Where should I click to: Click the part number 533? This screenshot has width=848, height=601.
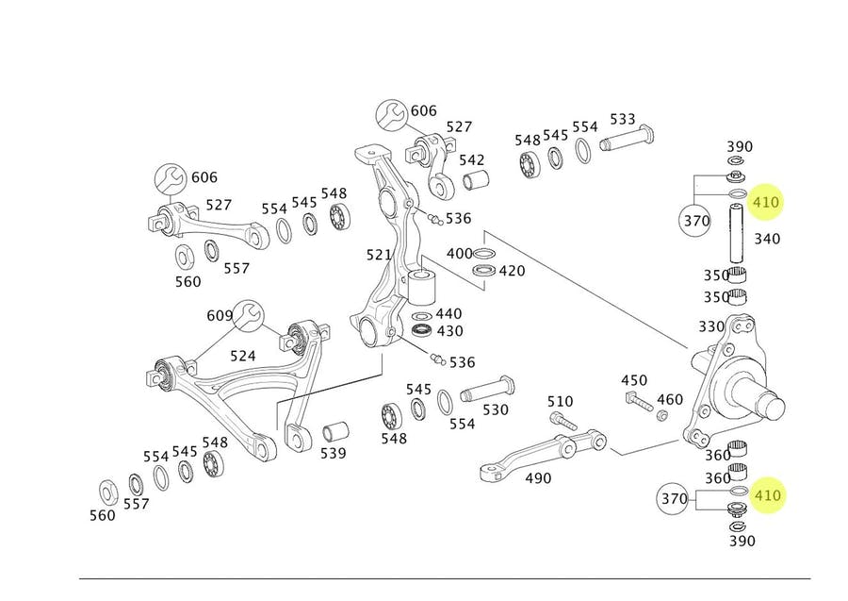pyautogui.click(x=623, y=120)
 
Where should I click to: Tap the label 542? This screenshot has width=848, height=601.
pyautogui.click(x=471, y=160)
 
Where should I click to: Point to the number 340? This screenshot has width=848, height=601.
pyautogui.click(x=767, y=239)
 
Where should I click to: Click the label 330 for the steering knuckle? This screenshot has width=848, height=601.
pyautogui.click(x=711, y=326)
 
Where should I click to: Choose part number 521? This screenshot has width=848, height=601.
pyautogui.click(x=379, y=255)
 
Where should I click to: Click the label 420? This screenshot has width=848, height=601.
pyautogui.click(x=512, y=272)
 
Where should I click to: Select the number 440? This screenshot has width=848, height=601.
pyautogui.click(x=448, y=313)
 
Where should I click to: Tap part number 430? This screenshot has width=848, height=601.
pyautogui.click(x=450, y=331)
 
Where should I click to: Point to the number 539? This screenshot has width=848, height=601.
pyautogui.click(x=333, y=454)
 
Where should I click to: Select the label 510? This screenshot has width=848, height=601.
pyautogui.click(x=560, y=402)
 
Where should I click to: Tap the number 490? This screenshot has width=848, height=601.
pyautogui.click(x=538, y=478)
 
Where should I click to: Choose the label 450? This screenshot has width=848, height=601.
pyautogui.click(x=634, y=380)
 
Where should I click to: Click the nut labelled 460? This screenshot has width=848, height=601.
pyautogui.click(x=662, y=415)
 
